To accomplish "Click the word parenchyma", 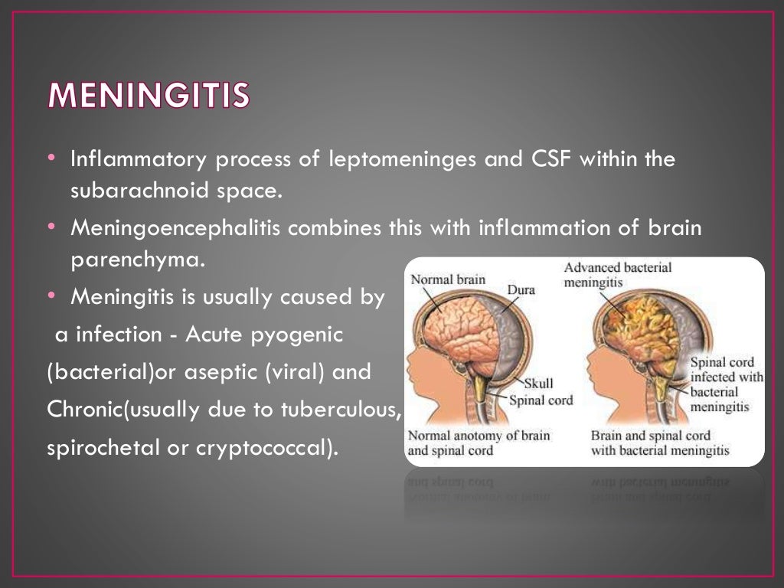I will pyautogui.click(x=139, y=260).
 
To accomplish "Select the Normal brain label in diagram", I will pyautogui.click(x=448, y=279).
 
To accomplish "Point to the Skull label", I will pyautogui.click(x=539, y=383).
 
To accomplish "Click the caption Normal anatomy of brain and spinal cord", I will pyautogui.click(x=479, y=443).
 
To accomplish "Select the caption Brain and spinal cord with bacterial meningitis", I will pyautogui.click(x=660, y=443).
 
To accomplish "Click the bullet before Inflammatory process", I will pyautogui.click(x=51, y=158).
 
